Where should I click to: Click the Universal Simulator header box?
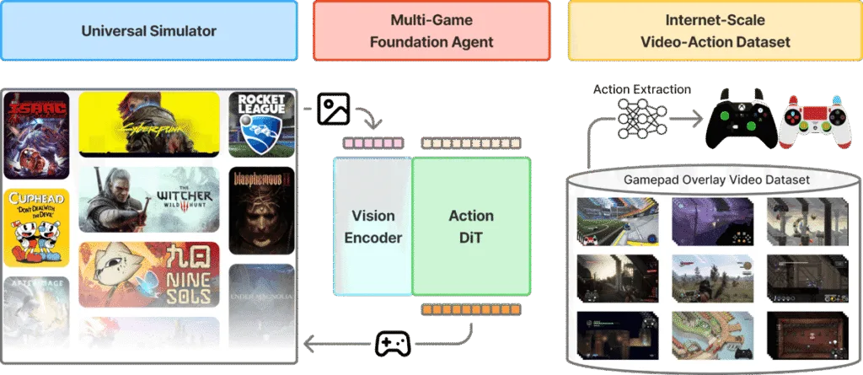point(149,31)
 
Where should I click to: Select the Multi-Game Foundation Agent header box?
point(431,31)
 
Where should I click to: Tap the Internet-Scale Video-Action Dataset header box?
point(715,31)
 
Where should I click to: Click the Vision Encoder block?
point(372,226)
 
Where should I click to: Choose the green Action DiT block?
point(471,226)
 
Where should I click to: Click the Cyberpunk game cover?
point(149,125)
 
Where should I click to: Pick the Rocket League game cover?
point(261,125)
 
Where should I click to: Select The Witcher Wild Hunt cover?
point(149,200)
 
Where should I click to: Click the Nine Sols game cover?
point(149,275)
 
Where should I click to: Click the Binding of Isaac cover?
point(36,135)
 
